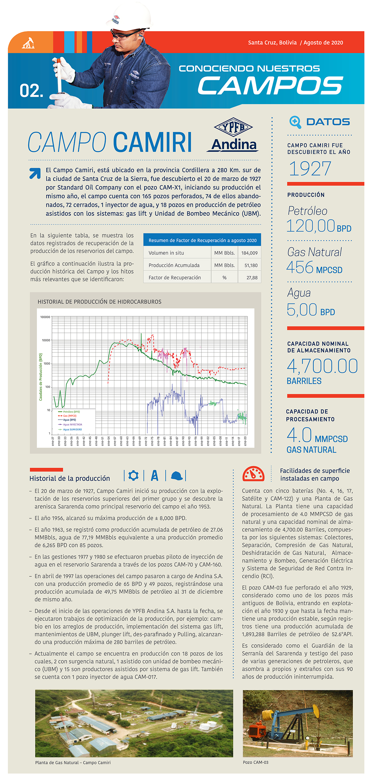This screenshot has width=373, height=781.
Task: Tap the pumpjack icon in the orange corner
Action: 28,43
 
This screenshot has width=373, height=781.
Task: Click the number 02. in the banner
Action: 31,91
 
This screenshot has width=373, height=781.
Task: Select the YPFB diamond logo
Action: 233,127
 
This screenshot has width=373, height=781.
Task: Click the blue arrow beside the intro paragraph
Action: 35,173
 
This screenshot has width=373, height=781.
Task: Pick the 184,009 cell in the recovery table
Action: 249,253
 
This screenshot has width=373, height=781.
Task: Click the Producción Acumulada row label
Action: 174,265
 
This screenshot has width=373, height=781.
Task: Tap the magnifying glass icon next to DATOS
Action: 295,122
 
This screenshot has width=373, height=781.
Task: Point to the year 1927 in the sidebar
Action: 310,169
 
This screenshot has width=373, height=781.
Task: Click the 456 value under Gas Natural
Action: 300,268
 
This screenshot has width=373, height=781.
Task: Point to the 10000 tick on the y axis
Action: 46,340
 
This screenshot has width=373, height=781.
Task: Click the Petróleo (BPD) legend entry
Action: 71,412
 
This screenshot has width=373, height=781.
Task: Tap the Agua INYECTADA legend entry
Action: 72,425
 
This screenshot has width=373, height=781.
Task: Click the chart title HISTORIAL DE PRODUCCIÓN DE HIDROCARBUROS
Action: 99,302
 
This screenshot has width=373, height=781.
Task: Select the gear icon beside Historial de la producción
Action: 134,475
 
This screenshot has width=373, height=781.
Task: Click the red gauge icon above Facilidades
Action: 253,474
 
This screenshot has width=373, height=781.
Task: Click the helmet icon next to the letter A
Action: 176,475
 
